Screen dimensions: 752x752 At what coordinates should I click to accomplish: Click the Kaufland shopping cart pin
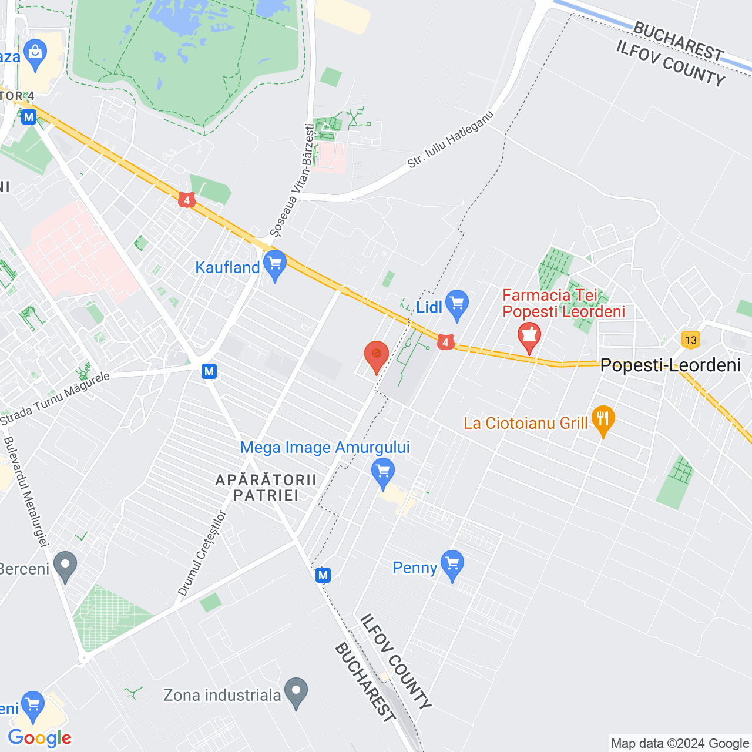(274, 265)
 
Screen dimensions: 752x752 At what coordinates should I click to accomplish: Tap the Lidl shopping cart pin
(457, 305)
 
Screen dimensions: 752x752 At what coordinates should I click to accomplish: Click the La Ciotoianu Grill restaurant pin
(603, 421)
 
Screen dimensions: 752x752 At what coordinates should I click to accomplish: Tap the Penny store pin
(452, 566)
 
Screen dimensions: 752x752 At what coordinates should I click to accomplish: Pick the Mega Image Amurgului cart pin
(383, 474)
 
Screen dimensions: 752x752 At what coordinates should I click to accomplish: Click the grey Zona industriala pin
(296, 693)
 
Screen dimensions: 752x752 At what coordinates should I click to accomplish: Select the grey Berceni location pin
(65, 567)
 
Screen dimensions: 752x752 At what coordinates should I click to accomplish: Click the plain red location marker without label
(377, 357)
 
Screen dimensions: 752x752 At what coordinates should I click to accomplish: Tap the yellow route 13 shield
(690, 340)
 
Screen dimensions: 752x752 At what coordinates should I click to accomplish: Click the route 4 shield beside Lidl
(445, 342)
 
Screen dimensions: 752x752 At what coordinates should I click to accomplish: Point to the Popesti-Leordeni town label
(670, 365)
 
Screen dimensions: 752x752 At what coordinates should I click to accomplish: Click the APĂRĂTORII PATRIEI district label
(266, 488)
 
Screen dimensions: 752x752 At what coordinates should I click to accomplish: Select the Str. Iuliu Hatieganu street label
(451, 139)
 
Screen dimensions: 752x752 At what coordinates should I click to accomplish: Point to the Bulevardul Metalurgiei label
(25, 492)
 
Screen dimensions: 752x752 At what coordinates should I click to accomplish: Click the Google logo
(40, 738)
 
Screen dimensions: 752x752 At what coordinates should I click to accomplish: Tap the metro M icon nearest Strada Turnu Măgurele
(209, 371)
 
